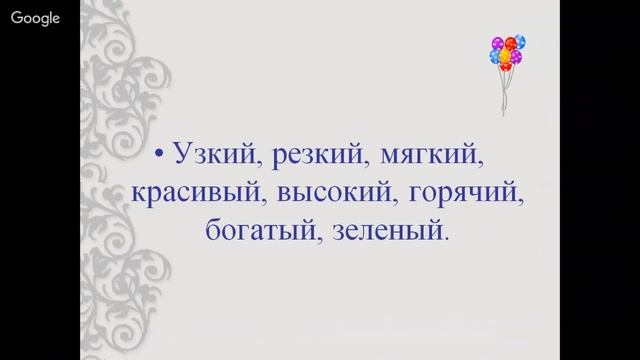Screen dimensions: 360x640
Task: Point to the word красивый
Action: pos(187,193)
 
